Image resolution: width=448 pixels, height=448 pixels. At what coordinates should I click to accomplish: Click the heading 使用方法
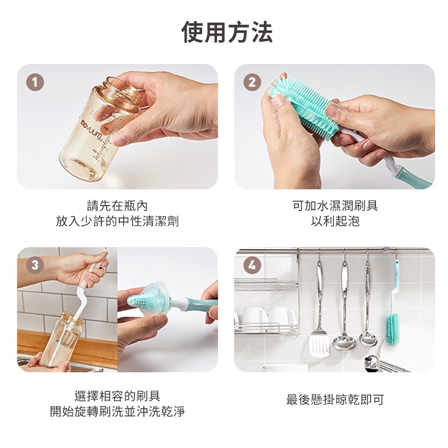pos(227,32)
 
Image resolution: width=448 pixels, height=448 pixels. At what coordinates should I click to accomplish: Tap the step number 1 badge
pos(35,82)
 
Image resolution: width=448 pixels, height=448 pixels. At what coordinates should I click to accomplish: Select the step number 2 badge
pos(252,82)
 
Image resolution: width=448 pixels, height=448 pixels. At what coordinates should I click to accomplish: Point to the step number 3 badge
pos(35,265)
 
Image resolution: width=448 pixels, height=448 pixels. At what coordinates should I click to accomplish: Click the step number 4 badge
pos(252,265)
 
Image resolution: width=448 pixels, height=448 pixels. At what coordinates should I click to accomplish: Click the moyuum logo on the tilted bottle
pos(91,130)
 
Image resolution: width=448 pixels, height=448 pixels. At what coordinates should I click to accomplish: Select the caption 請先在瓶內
pos(117,206)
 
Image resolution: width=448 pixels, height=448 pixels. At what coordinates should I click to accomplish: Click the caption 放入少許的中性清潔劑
pos(117,221)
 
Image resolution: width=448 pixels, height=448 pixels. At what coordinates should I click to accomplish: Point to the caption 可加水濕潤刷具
pos(335,206)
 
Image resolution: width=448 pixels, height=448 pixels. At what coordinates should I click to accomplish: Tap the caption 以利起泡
pos(335,221)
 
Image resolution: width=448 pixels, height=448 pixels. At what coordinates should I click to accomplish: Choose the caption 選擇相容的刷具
pos(117,396)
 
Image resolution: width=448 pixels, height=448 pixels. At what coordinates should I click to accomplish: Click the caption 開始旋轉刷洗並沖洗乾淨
pos(117,412)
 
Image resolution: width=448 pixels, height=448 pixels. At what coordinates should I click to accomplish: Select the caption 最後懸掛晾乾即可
pos(335,400)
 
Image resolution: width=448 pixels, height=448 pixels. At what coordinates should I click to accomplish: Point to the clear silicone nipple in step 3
pos(148,300)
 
